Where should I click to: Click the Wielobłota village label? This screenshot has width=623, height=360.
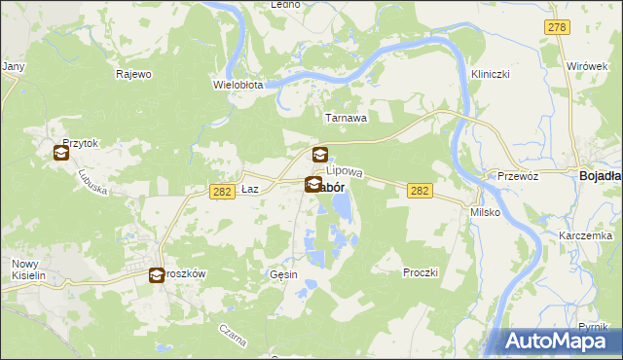pos(238,85)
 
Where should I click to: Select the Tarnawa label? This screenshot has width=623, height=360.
pos(346,118)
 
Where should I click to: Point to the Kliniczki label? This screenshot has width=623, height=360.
pos(491,74)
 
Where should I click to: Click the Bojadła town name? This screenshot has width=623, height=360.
pos(601,176)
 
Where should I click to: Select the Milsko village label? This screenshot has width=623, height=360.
pos(485,211)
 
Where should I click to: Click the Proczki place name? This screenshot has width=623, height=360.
pos(421,272)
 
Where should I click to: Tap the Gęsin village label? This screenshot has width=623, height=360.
pos(283,275)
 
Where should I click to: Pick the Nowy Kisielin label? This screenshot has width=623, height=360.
pos(30,270)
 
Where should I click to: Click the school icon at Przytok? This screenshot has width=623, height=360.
pos(60,153)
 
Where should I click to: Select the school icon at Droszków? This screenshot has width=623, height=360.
pos(157,275)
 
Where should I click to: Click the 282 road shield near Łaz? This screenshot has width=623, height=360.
pos(221,192)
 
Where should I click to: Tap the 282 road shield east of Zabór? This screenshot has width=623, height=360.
pos(420,191)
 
